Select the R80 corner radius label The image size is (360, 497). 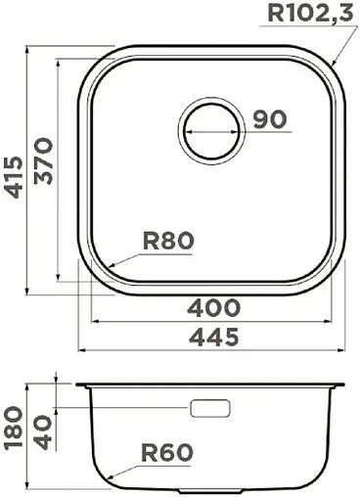pyautogui.click(x=169, y=241)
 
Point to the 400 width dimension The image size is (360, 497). pyautogui.click(x=213, y=307)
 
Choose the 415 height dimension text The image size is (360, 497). pyautogui.click(x=14, y=176)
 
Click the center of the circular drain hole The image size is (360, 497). pyautogui.click(x=209, y=128)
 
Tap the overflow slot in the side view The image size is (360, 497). pyautogui.click(x=211, y=407)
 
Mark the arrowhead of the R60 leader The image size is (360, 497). pyautogui.click(x=110, y=479)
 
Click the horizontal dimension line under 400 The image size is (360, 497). pyautogui.click(x=213, y=321)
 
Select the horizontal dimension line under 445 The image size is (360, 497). pyautogui.click(x=213, y=349)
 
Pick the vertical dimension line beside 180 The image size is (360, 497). pyautogui.click(x=27, y=435)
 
